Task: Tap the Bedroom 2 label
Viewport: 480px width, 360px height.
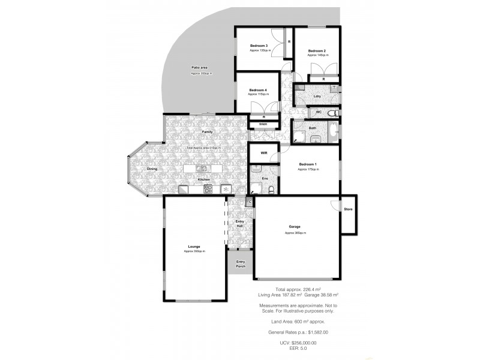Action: point(317,51)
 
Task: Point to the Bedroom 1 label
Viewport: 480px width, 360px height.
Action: point(308,164)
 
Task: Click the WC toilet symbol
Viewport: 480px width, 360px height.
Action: point(336,112)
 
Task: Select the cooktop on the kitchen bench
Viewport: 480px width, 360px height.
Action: point(208,188)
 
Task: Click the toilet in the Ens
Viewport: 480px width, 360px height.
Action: point(272,190)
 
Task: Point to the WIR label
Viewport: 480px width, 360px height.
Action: point(263,154)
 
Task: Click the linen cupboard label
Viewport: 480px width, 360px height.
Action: point(263,124)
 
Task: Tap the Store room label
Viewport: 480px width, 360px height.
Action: point(347,209)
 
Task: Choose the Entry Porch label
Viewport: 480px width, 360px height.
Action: point(241,263)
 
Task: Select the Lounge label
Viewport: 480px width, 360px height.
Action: point(194,246)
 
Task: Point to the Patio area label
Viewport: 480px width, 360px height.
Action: point(200,68)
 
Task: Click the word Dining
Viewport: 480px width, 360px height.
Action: point(152,169)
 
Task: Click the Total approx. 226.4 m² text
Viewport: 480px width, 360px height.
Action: point(298,289)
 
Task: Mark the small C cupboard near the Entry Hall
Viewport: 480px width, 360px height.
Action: point(250,202)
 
